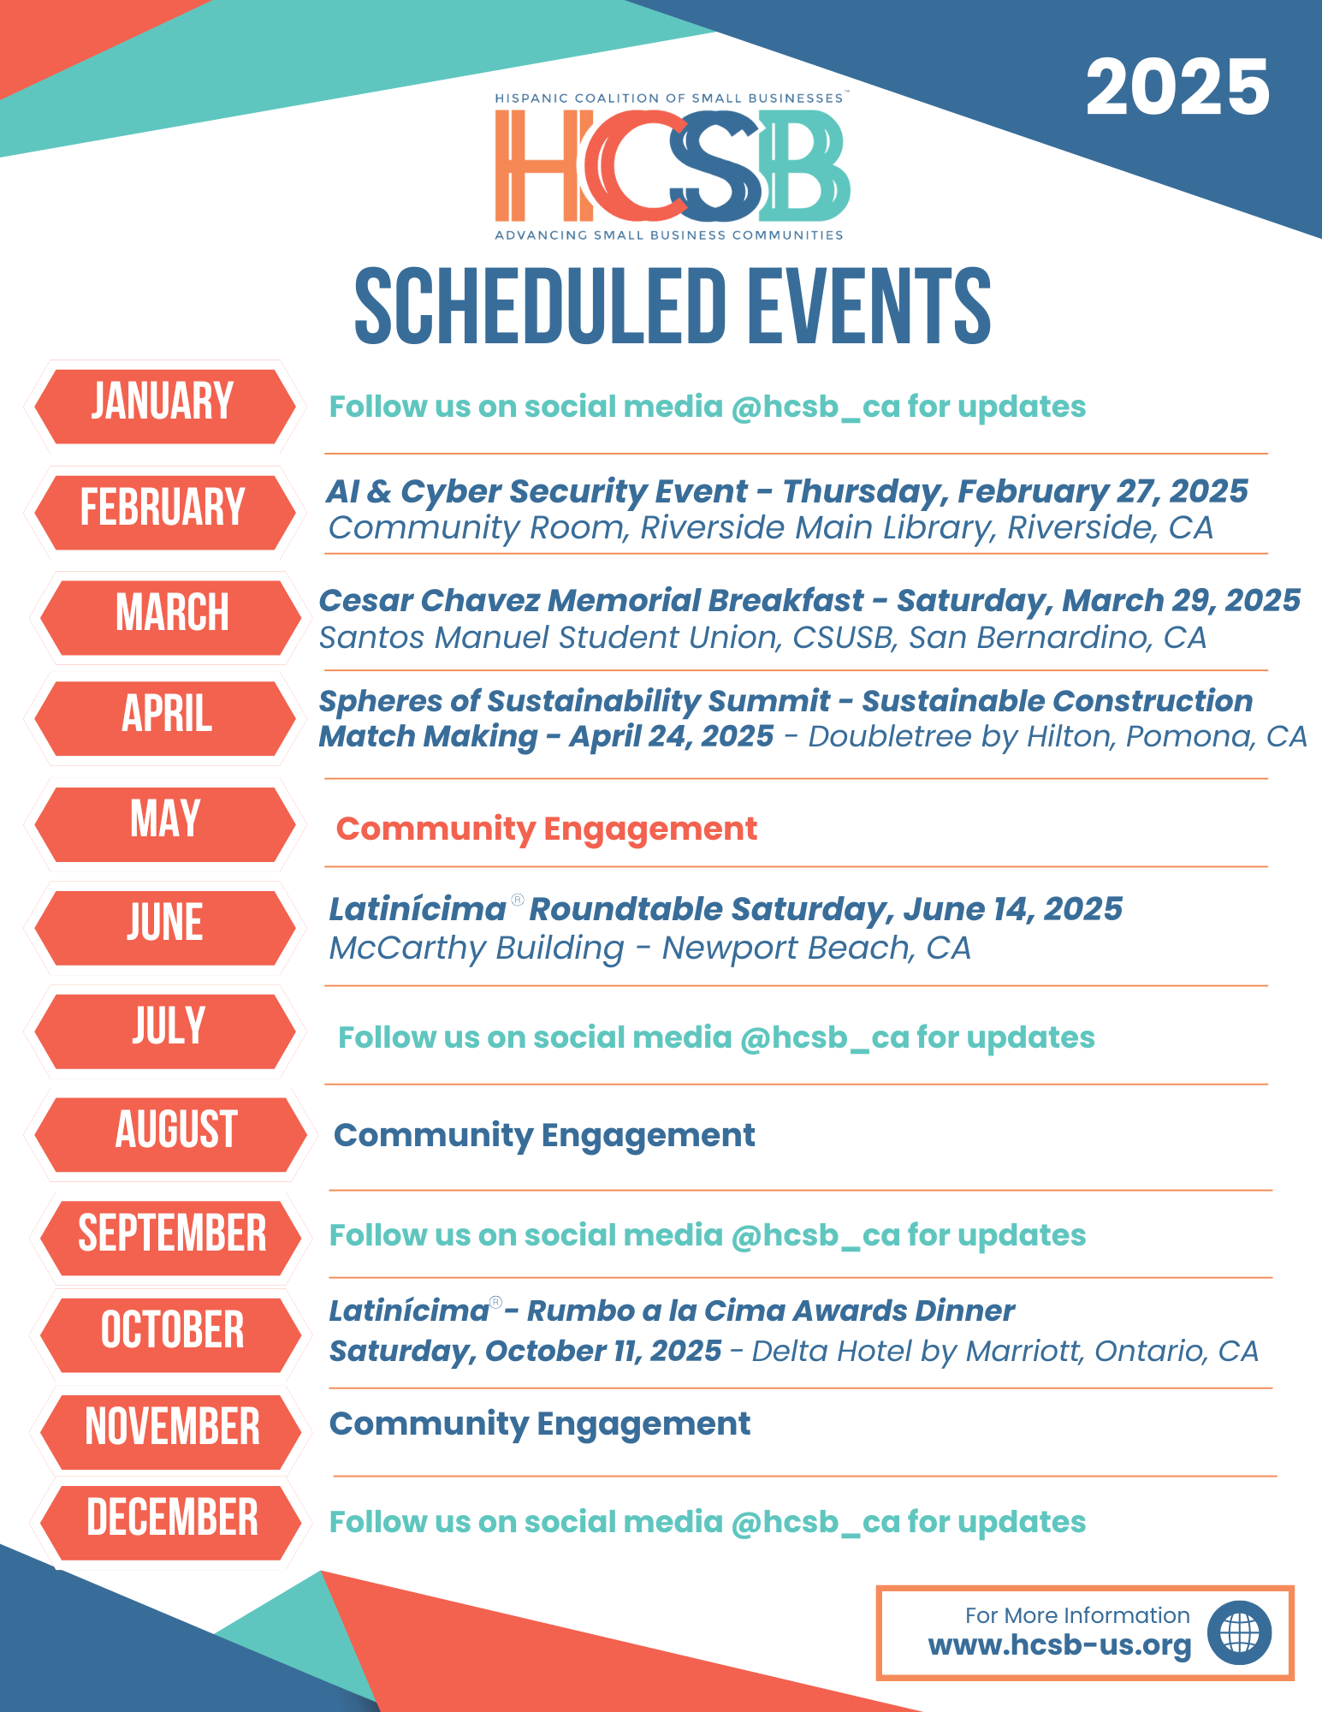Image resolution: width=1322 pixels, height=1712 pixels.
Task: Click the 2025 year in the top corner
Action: pos(1177,87)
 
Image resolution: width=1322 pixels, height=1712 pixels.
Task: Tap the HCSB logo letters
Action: pos(672,166)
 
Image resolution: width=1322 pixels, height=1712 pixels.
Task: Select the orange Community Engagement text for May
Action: pos(546,829)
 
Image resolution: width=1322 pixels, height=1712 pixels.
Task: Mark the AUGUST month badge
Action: pos(175,1132)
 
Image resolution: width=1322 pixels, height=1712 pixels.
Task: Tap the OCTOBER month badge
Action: pos(171,1332)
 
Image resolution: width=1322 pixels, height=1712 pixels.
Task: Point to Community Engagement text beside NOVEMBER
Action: pos(539,1424)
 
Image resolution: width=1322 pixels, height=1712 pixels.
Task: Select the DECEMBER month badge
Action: pos(171,1519)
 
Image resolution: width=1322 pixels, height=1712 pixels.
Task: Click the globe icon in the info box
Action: pos(1239,1633)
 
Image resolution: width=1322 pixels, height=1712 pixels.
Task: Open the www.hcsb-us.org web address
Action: pos(1059,1645)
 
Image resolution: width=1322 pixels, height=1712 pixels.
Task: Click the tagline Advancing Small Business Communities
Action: pos(668,235)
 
